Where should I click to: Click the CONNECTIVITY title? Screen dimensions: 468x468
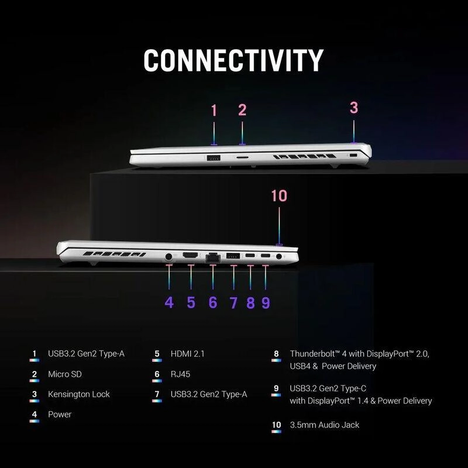click(233, 60)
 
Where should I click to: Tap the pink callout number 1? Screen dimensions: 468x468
click(214, 110)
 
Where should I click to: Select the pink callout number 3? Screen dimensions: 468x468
click(354, 108)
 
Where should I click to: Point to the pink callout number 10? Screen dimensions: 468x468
click(279, 196)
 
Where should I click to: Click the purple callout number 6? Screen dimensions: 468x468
click(213, 302)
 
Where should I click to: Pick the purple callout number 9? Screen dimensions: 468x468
click(266, 302)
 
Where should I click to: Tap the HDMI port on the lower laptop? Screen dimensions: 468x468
click(190, 256)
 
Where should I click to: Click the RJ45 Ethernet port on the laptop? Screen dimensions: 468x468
click(213, 257)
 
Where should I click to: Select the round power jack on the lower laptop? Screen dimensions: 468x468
click(168, 256)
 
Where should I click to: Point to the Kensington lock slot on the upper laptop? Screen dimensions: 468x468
click(353, 156)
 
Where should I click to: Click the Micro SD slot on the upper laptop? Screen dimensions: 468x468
click(243, 156)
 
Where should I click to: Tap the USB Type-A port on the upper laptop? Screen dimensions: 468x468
click(214, 157)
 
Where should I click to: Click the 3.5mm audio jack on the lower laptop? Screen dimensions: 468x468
click(279, 256)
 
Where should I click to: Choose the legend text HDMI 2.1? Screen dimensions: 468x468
click(187, 354)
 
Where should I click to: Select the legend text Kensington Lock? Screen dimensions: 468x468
click(79, 394)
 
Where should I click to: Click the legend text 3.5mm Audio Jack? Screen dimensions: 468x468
click(325, 425)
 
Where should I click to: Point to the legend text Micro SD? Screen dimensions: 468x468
click(65, 374)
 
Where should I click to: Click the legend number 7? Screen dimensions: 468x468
click(157, 394)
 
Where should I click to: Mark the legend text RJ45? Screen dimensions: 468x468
click(180, 374)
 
